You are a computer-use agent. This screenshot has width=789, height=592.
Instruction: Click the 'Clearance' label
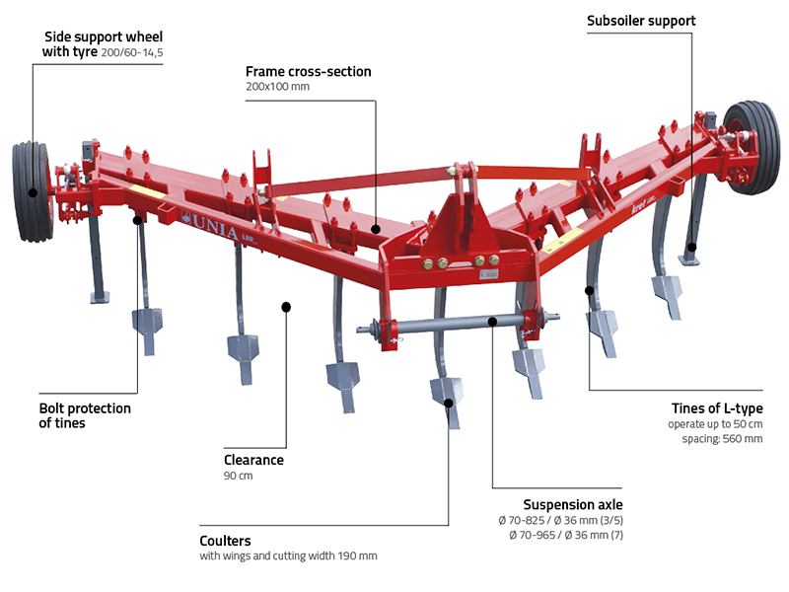[x=254, y=460]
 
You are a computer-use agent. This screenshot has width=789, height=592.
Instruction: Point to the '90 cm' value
[x=239, y=476]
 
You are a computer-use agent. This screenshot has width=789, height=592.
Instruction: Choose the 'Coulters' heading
[x=225, y=541]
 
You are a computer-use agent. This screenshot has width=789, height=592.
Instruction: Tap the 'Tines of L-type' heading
[x=715, y=408]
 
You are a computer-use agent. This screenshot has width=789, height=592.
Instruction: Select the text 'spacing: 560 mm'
[x=720, y=438]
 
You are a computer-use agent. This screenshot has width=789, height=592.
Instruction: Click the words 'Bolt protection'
[x=85, y=407]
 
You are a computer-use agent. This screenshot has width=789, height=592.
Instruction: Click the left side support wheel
[x=32, y=191]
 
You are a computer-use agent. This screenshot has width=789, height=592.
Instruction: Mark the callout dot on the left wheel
[x=33, y=193]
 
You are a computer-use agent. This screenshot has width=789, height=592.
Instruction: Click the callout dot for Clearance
[x=286, y=307]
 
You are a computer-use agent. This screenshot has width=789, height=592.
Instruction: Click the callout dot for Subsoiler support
[x=692, y=248]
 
